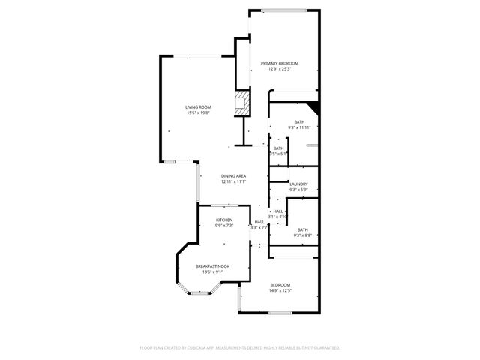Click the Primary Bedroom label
click(x=280, y=63)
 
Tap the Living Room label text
click(x=199, y=107)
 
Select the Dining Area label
click(x=234, y=175)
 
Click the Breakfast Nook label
click(x=213, y=266)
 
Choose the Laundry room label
click(x=299, y=184)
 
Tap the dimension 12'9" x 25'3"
click(x=280, y=69)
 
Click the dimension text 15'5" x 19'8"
click(x=199, y=113)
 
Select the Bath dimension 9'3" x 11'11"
click(x=299, y=128)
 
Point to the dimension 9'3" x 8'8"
click(x=302, y=236)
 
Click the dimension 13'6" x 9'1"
click(x=213, y=272)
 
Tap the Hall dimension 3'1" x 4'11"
click(x=278, y=217)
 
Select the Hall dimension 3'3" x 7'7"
click(x=259, y=227)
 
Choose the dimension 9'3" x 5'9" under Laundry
click(x=299, y=190)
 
